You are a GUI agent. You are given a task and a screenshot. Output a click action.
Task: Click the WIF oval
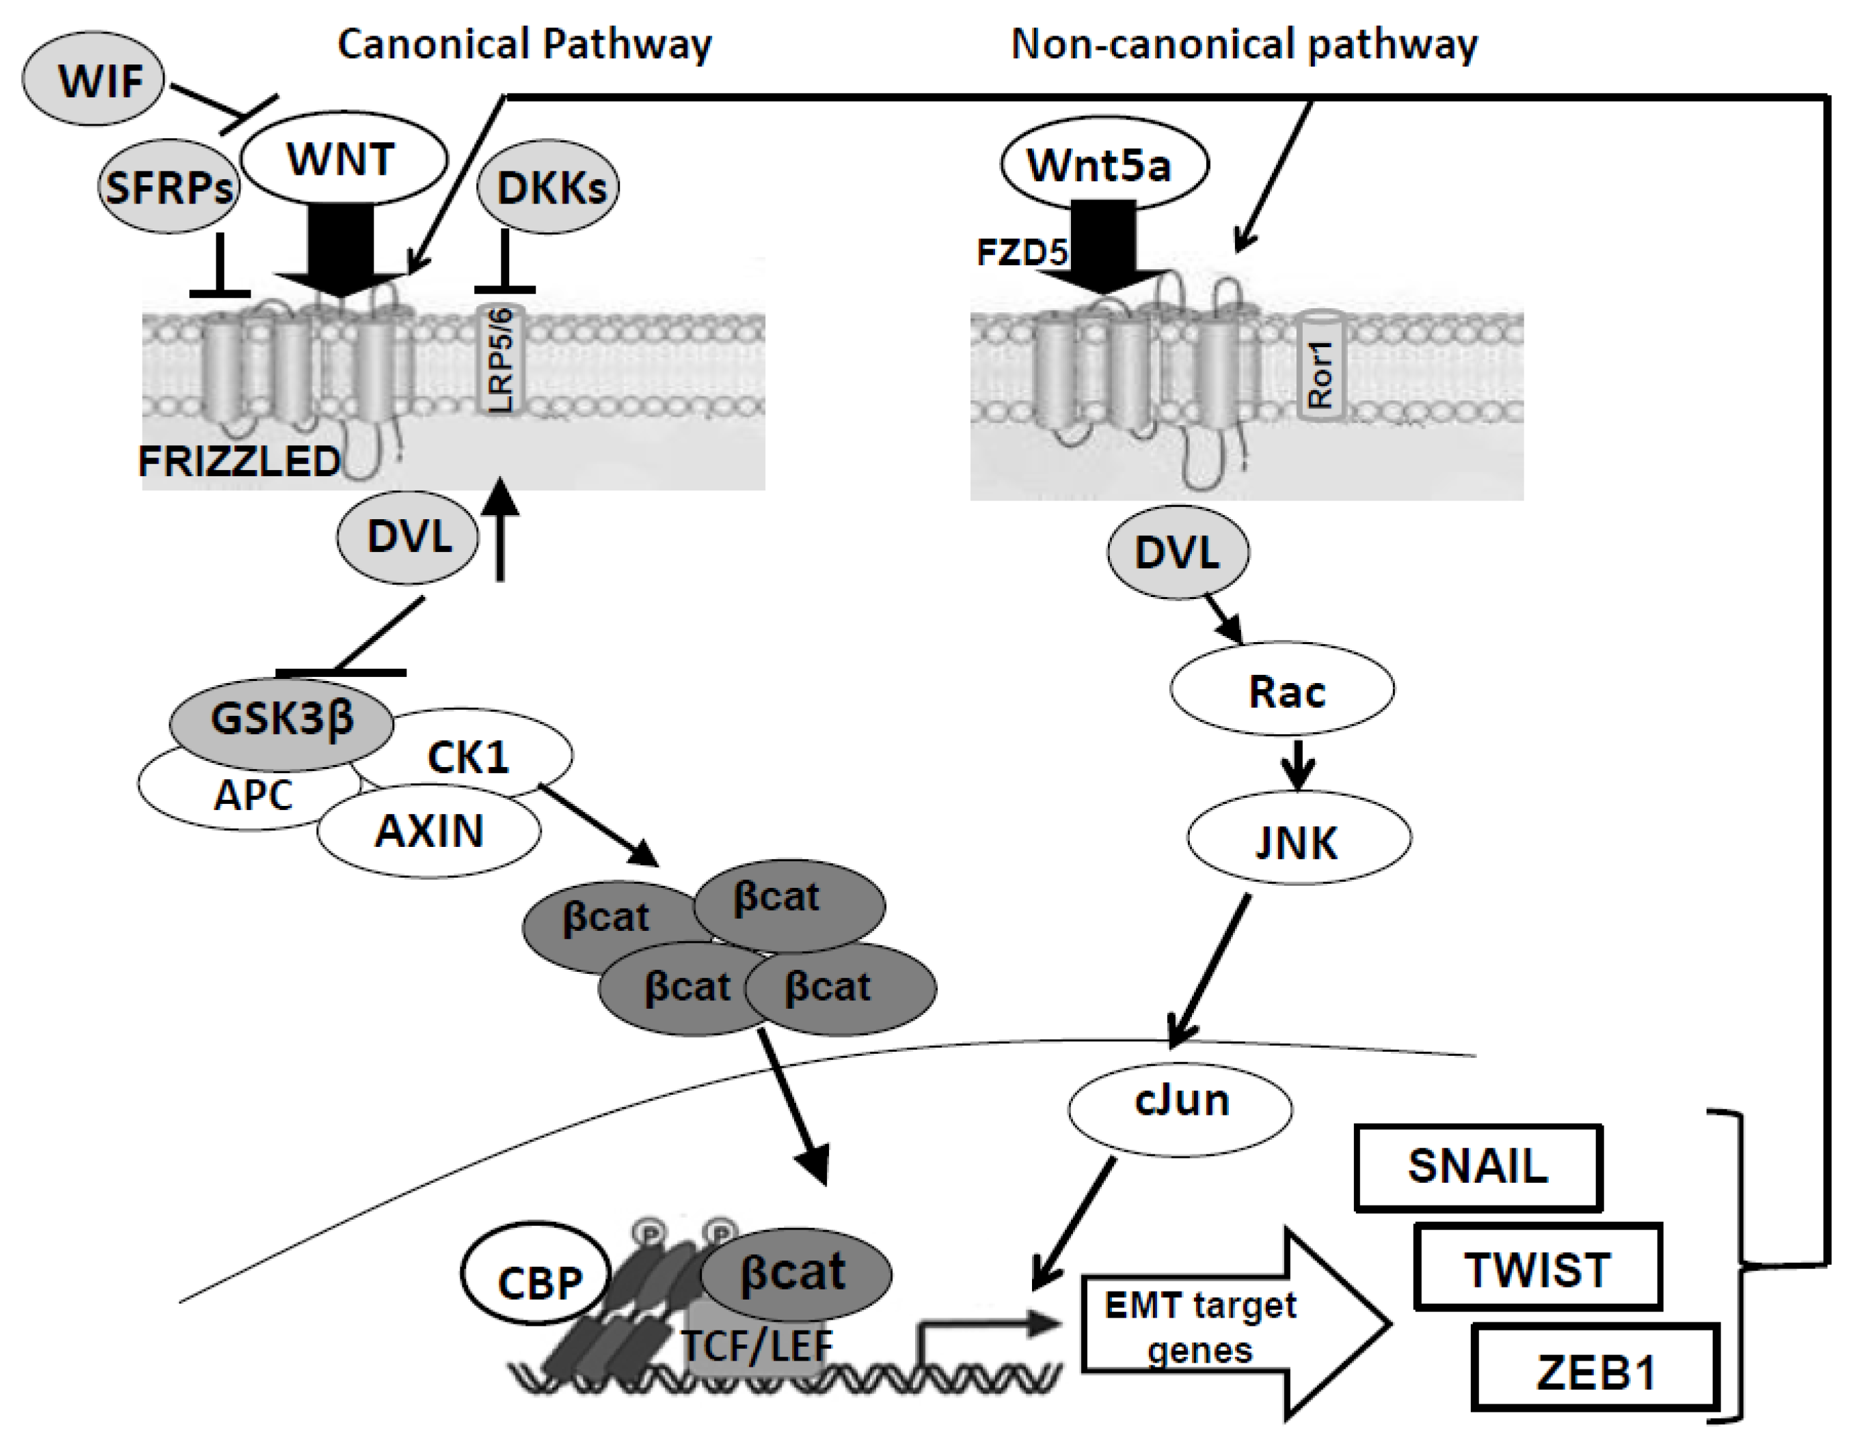click(93, 83)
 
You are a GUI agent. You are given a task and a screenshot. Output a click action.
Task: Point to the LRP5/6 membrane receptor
click(502, 360)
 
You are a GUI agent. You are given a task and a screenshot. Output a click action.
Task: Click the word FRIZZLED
click(239, 463)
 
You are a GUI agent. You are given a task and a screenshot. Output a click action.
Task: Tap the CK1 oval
click(476, 754)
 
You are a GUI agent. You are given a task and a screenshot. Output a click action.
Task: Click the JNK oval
click(1299, 840)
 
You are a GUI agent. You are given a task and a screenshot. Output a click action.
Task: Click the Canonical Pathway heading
click(524, 44)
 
